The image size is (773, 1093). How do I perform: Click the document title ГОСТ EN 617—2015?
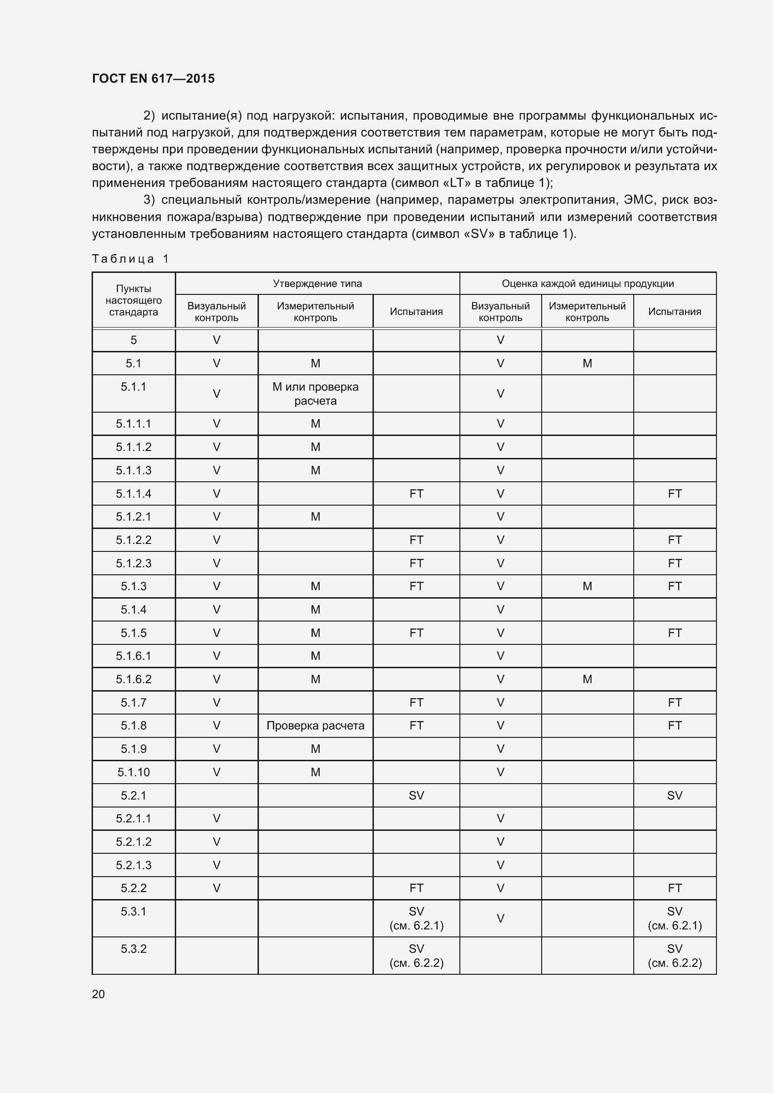coord(153,79)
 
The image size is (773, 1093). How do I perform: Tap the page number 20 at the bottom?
coord(98,994)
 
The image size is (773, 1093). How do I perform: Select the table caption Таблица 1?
coord(130,258)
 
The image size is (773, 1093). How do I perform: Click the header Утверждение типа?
coord(317,284)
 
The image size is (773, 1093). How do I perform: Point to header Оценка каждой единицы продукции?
coord(587,284)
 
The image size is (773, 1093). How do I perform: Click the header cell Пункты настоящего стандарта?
coord(133,300)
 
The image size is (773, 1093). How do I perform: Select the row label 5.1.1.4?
coord(133,493)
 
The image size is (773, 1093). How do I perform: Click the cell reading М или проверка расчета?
coord(315,393)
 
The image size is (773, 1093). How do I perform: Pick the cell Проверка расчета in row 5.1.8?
coord(315,726)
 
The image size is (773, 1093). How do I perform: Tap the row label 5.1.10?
coord(133,772)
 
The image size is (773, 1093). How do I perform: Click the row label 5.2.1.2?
coord(133,842)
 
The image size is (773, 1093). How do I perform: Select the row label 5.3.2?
coord(133,949)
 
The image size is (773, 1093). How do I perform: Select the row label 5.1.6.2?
coord(133,679)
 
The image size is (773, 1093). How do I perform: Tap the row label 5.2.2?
coord(133,888)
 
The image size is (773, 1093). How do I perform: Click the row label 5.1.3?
coord(133,586)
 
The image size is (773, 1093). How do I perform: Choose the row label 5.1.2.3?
coord(133,563)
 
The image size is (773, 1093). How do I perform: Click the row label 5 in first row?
coord(133,340)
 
